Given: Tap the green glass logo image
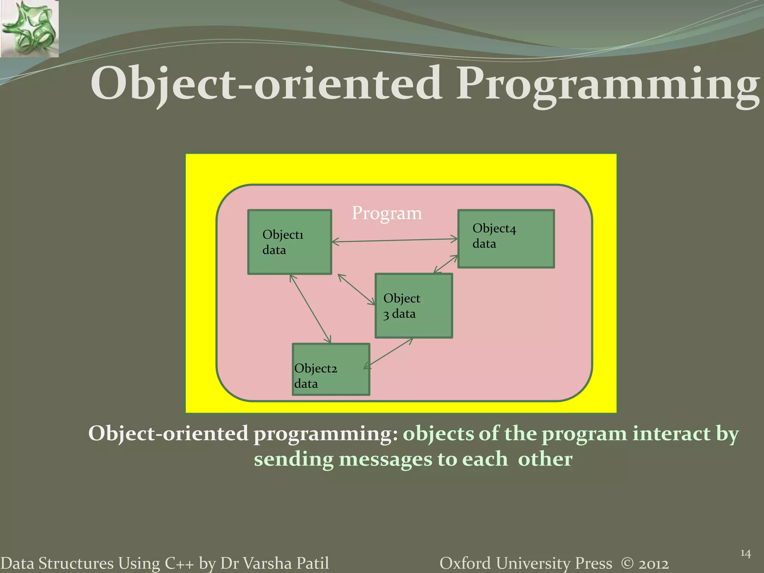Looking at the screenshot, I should pyautogui.click(x=29, y=29).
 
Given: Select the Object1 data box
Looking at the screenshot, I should pyautogui.click(x=289, y=242).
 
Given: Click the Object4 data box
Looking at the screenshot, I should pyautogui.click(x=506, y=239).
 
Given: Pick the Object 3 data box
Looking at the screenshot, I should pyautogui.click(x=413, y=306).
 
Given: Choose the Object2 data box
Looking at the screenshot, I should pyautogui.click(x=331, y=369).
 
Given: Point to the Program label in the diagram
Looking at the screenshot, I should pyautogui.click(x=386, y=213).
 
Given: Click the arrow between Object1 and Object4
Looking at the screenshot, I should pyautogui.click(x=395, y=240).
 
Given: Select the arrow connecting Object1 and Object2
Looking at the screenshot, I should pyautogui.click(x=310, y=308).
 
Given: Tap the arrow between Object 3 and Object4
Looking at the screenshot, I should pyautogui.click(x=446, y=264).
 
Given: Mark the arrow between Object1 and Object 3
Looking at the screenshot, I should pyautogui.click(x=356, y=289).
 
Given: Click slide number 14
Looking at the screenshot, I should pyautogui.click(x=745, y=553).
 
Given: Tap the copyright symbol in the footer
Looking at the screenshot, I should pyautogui.click(x=627, y=563).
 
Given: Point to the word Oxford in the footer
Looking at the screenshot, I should pyautogui.click(x=465, y=563).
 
